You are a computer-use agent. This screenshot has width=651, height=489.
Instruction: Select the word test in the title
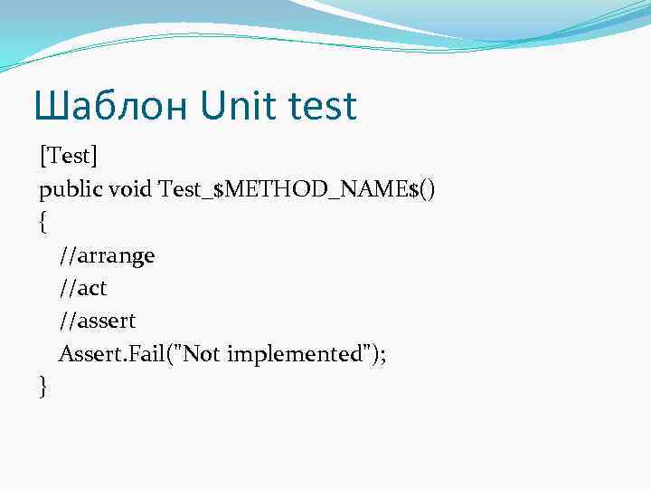tap(323, 107)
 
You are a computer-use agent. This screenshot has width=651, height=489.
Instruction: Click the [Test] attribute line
tap(67, 157)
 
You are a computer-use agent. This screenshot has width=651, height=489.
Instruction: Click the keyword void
tap(128, 189)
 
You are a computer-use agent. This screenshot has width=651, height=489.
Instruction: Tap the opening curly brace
tap(43, 223)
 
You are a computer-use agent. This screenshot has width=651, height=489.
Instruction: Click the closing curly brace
tap(43, 387)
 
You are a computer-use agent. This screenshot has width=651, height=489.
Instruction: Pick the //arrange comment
tap(107, 255)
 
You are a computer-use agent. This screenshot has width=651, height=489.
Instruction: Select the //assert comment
tap(99, 321)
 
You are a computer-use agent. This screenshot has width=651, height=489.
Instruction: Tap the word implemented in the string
tap(295, 353)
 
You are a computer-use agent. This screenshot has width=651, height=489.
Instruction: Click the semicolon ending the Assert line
tap(382, 355)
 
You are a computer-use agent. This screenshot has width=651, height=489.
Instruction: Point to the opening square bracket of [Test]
tap(42, 157)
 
